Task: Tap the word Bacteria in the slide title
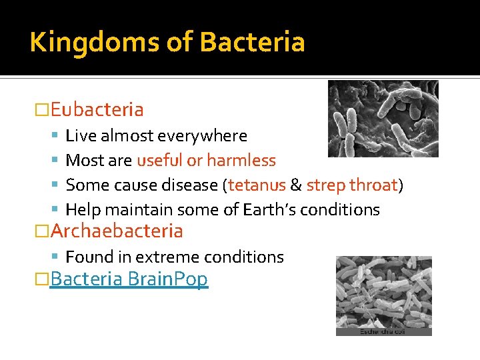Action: [252, 42]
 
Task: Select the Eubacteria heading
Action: [97, 109]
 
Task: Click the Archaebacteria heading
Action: [117, 231]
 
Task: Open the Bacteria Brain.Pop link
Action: [129, 279]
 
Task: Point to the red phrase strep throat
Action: [351, 185]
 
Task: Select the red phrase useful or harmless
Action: [206, 161]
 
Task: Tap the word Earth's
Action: [267, 209]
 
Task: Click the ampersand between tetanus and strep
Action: [296, 185]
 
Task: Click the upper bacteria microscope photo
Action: [383, 119]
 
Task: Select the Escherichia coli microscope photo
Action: [383, 291]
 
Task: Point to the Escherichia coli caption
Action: [383, 331]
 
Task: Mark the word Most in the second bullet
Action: [83, 161]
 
